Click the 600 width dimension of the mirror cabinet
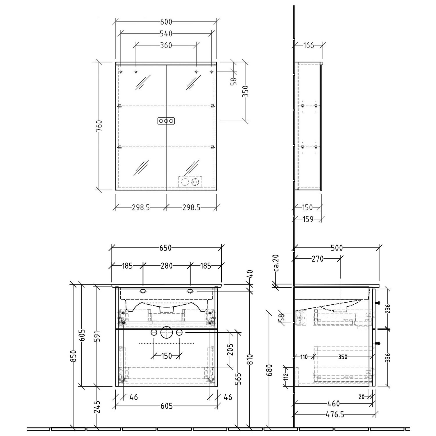click(166, 22)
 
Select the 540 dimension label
click(166, 34)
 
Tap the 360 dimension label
click(166, 45)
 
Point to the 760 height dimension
click(99, 126)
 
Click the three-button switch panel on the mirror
click(166, 121)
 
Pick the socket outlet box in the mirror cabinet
click(190, 182)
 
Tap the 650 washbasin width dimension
click(166, 248)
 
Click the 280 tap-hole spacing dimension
click(167, 266)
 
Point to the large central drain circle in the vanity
click(166, 333)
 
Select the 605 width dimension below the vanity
click(167, 406)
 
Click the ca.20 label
click(276, 263)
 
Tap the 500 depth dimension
click(337, 248)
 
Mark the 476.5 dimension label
click(335, 414)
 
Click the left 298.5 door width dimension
click(141, 207)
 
